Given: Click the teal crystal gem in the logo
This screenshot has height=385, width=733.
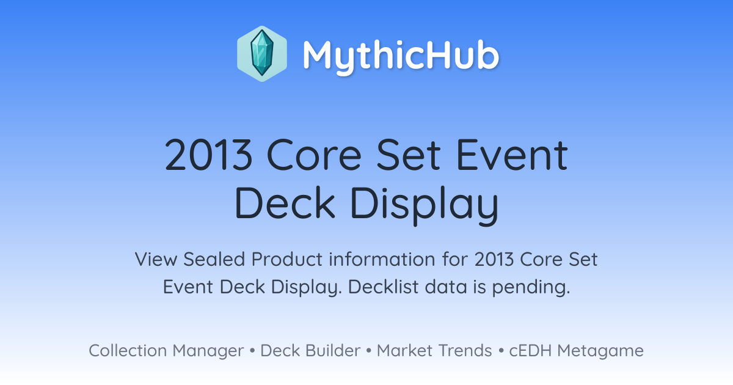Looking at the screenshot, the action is [262, 53].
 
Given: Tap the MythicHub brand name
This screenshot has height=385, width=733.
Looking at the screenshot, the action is [401, 56].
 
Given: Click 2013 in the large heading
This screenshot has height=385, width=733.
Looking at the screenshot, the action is [209, 155].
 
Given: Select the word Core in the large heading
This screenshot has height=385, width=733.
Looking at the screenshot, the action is [314, 155].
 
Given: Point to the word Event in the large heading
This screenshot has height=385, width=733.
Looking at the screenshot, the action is [512, 155].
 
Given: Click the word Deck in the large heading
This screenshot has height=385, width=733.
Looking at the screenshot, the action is [285, 203].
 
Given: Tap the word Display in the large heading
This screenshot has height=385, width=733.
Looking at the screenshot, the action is [425, 205].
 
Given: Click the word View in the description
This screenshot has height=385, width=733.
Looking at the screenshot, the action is [156, 259].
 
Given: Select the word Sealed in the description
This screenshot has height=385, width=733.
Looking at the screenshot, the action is [214, 259].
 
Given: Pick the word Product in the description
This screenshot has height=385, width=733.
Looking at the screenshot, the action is [287, 259].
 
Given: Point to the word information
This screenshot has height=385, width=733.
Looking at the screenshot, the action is [382, 259].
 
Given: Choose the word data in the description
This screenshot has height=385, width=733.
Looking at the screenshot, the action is [446, 287].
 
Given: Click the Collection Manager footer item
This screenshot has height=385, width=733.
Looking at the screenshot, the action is [166, 351].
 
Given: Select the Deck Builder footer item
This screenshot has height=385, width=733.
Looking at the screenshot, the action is [310, 351].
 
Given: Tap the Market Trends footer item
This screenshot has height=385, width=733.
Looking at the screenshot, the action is [434, 351].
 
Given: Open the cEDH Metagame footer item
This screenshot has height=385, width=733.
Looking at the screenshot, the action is [576, 351].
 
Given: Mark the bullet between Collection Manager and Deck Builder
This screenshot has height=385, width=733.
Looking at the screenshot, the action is [252, 351].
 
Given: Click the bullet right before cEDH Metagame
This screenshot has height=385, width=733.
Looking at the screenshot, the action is [501, 351].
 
